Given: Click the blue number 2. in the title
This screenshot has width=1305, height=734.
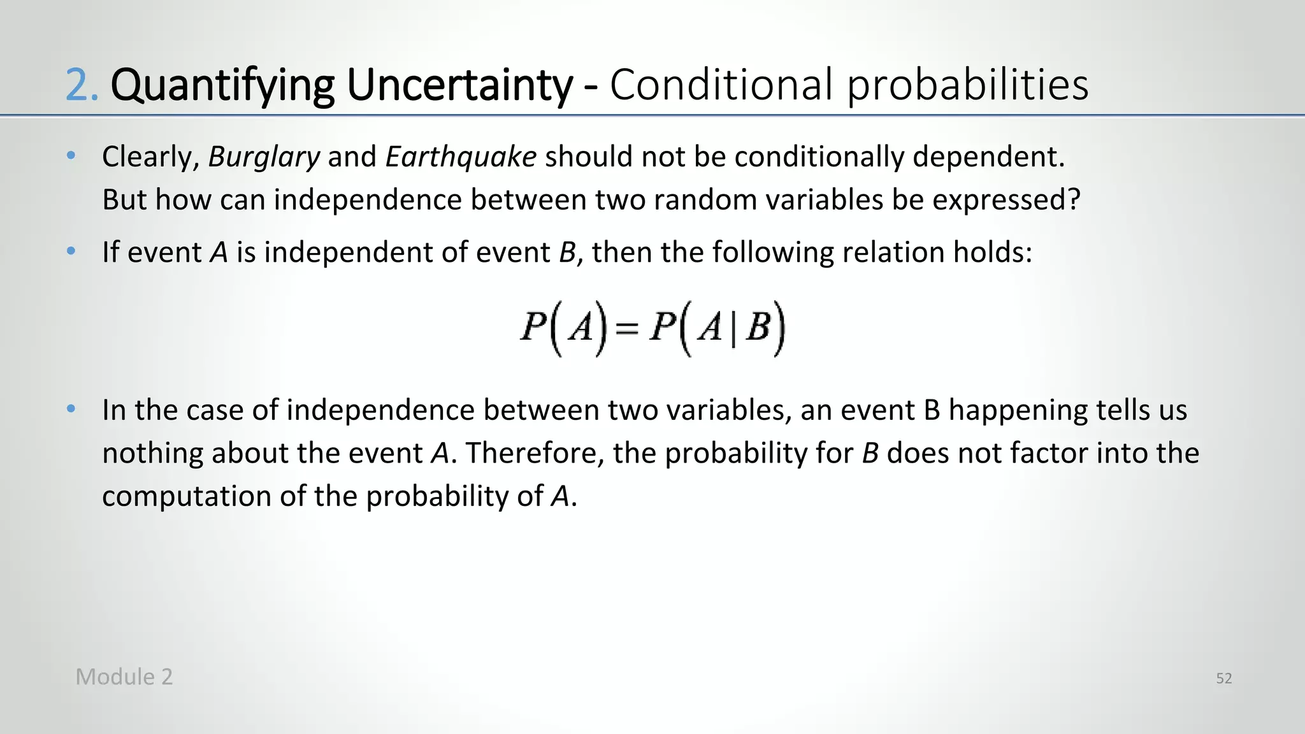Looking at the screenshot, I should point(82,85).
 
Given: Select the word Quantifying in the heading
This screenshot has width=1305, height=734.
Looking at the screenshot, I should point(222,85).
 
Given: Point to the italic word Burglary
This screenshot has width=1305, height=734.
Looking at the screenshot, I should point(264,157).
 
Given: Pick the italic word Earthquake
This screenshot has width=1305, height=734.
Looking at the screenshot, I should point(461,157).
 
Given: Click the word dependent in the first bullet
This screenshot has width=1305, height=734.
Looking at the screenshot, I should point(987,157).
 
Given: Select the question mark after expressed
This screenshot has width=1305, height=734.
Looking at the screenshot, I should point(1074,200).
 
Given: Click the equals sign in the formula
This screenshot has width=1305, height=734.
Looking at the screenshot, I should point(626,329).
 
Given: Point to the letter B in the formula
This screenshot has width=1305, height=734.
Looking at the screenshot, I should point(758,329).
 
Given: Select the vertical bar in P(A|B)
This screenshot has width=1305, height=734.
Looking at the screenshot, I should point(733,331).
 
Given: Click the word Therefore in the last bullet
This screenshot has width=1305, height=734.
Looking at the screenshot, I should point(535,454).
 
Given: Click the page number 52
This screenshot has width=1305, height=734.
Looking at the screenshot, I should point(1223,679).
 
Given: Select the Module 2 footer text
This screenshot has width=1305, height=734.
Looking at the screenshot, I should point(124,677).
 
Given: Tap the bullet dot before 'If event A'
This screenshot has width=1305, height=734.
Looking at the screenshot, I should point(71,251).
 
